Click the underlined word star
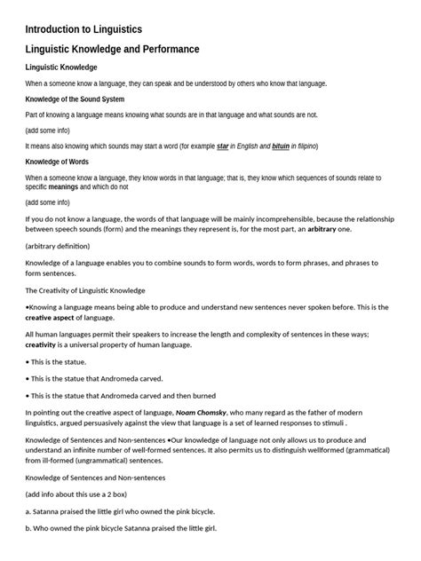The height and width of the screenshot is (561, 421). point(224,146)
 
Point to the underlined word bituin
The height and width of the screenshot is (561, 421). point(282,146)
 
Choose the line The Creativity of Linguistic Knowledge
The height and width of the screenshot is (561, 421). point(85,290)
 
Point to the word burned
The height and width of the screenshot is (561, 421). point(202,395)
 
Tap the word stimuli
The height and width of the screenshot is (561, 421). point(358,423)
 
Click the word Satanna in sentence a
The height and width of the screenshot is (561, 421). point(50,511)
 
